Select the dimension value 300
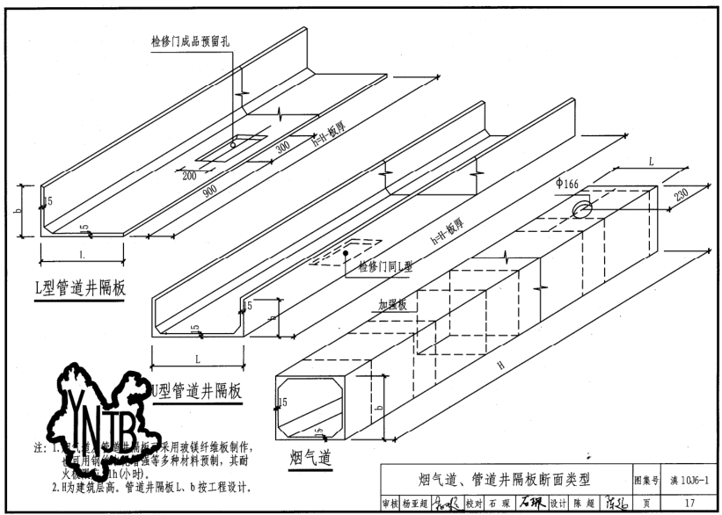click(282, 148)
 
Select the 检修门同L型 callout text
click(380, 265)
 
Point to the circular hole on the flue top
click(582, 208)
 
